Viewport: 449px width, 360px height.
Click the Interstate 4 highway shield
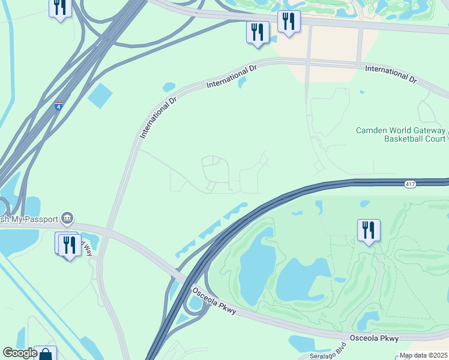[x=58, y=106]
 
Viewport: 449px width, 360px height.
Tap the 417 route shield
[x=410, y=184]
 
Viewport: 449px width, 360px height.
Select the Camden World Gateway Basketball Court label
[x=401, y=134]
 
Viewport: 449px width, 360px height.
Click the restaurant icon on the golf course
[x=368, y=230]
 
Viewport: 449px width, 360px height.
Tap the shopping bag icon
[x=45, y=355]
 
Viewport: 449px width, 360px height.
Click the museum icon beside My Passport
[x=67, y=217]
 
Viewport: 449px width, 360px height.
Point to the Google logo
[x=20, y=353]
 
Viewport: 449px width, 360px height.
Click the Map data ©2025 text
[x=423, y=355]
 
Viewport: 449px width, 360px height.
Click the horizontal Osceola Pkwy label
[x=375, y=339]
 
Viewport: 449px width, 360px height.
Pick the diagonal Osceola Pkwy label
[x=215, y=303]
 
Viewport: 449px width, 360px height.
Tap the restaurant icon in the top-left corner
[x=60, y=8]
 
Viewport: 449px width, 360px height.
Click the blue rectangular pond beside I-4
[x=100, y=95]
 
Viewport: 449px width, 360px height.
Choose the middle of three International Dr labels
[x=231, y=77]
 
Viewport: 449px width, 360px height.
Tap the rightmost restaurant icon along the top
[x=289, y=22]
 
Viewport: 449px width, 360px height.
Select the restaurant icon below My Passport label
[x=70, y=244]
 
